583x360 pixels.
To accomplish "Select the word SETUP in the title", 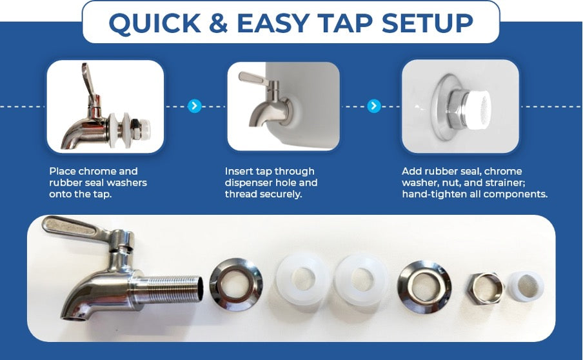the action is click(x=427, y=23).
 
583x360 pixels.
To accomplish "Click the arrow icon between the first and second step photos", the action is click(x=195, y=106).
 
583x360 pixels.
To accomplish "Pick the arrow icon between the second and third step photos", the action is click(x=374, y=106).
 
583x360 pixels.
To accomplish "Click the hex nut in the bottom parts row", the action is click(x=485, y=288).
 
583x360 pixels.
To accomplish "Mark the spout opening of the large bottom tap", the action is click(x=74, y=318).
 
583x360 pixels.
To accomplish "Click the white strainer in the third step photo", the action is click(x=478, y=111).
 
